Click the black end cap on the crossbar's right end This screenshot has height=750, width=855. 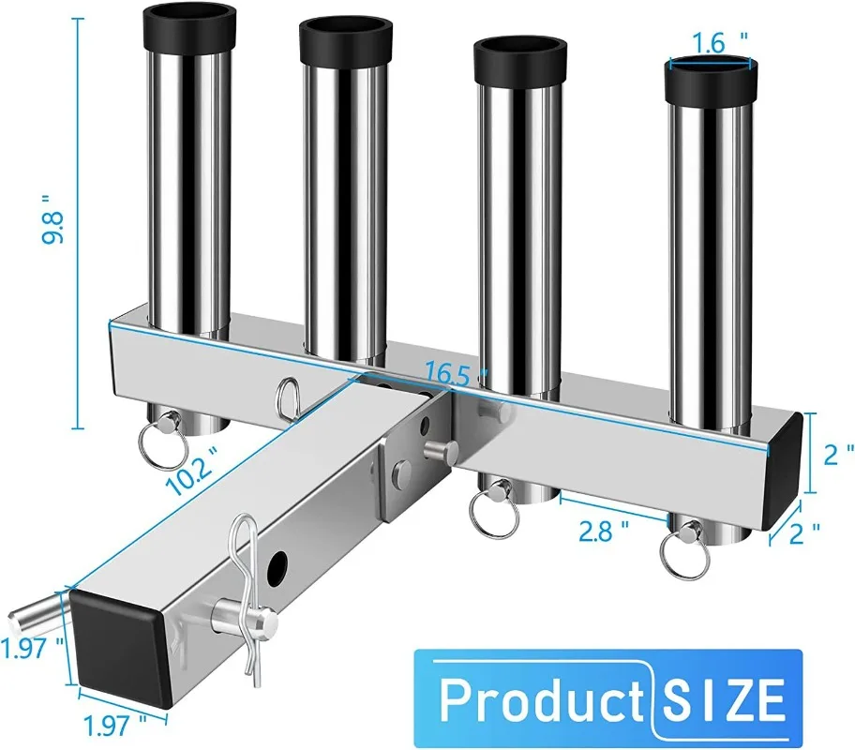click(x=785, y=469)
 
